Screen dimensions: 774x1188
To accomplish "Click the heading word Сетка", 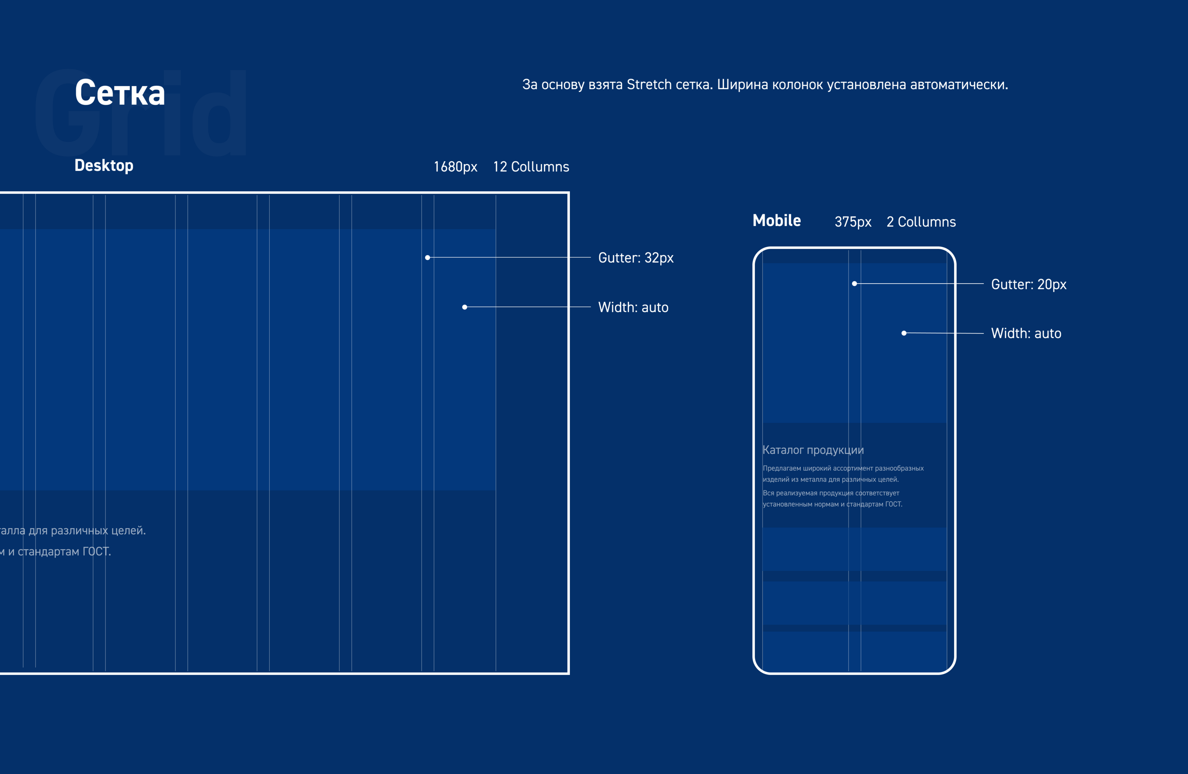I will pyautogui.click(x=120, y=93).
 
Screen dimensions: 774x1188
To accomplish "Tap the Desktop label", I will pyautogui.click(x=104, y=165).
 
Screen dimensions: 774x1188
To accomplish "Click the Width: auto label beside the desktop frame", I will pyautogui.click(x=633, y=307).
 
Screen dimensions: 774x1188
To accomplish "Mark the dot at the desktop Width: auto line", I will pyautogui.click(x=465, y=307).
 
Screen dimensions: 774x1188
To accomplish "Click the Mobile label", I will pyautogui.click(x=777, y=220).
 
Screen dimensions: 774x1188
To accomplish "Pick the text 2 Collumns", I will pyautogui.click(x=921, y=222).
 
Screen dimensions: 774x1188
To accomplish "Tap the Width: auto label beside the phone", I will pyautogui.click(x=1026, y=333).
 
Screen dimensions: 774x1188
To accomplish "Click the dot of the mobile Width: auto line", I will pyautogui.click(x=904, y=333).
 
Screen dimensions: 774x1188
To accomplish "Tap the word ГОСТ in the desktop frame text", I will pyautogui.click(x=96, y=552).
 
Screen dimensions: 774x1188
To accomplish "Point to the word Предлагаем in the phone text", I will pyautogui.click(x=782, y=468).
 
